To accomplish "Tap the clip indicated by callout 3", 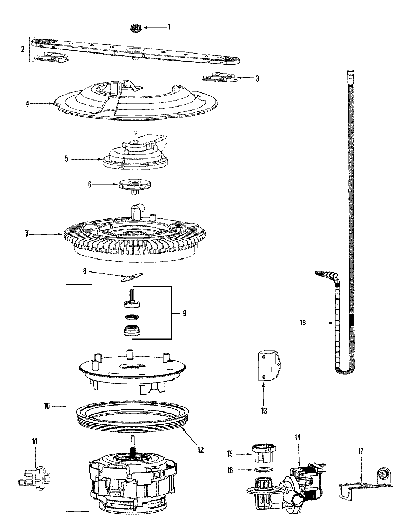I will click(x=220, y=78).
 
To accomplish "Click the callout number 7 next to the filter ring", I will click(x=26, y=234).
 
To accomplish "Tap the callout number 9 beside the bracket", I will click(x=184, y=314).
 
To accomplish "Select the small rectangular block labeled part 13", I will click(x=267, y=366).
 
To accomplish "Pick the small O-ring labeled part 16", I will click(x=262, y=471).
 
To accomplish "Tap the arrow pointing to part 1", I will click(x=155, y=26).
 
